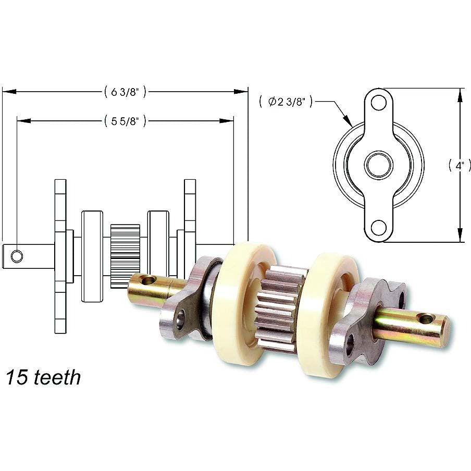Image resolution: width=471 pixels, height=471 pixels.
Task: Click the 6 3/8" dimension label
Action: pos(125,92)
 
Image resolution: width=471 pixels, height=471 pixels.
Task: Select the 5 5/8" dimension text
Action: pos(125,121)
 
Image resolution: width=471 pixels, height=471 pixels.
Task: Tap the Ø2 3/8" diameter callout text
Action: pos(286,102)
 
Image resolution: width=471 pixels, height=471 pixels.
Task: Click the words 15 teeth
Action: pos(44,377)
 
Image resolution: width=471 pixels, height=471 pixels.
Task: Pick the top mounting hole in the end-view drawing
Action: pos(379,103)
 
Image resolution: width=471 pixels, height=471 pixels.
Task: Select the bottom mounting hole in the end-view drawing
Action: pos(379,228)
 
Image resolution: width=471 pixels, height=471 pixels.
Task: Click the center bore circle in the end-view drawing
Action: pos(379,165)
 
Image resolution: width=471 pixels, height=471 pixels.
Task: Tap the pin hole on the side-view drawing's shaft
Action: pos(17,256)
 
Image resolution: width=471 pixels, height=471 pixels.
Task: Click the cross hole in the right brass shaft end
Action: pos(426,318)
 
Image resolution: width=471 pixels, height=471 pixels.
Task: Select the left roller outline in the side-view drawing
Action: pos(92,256)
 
